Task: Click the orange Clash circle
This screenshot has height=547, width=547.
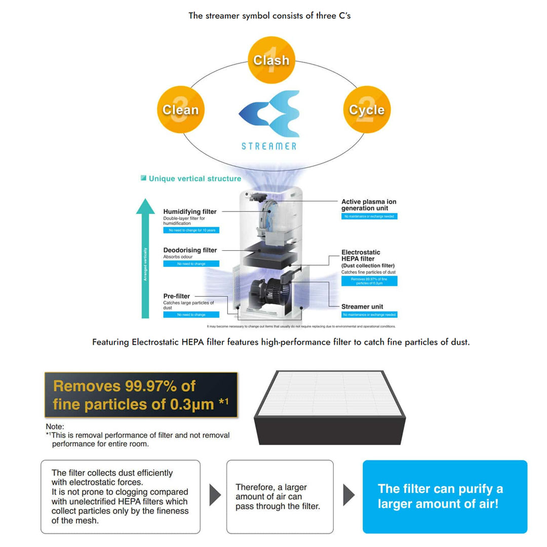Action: (x=271, y=60)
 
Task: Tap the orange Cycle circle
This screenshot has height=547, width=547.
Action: (x=367, y=109)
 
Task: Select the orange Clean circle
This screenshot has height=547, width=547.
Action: (x=180, y=109)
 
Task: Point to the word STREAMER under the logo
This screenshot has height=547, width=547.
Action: (x=269, y=146)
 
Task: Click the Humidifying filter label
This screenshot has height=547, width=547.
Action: (x=190, y=211)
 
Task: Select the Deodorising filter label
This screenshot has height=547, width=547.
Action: (x=190, y=250)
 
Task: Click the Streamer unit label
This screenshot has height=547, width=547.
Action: (x=362, y=306)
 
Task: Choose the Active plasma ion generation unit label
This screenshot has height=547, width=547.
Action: (x=369, y=205)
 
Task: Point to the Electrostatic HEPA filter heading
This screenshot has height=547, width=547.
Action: (x=361, y=255)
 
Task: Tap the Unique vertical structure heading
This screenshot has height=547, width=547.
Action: (x=194, y=178)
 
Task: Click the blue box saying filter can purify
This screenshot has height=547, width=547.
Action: (x=445, y=496)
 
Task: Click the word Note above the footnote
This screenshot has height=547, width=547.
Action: (x=55, y=427)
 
